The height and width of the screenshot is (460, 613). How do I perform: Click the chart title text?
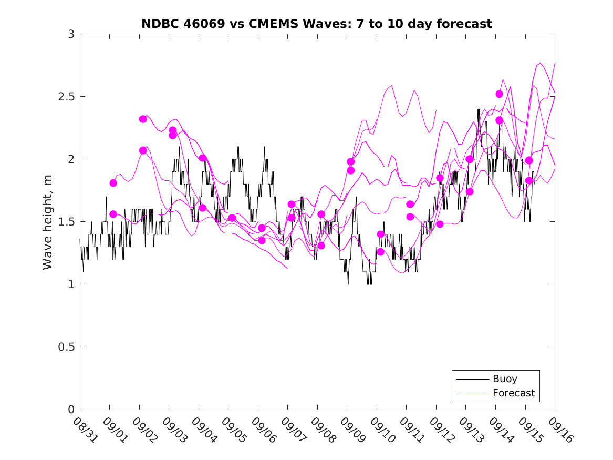point(317,24)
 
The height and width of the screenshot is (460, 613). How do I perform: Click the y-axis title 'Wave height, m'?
point(48,222)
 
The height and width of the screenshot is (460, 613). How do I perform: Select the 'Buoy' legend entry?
point(505,379)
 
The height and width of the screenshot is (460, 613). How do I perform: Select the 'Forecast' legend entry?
point(513,393)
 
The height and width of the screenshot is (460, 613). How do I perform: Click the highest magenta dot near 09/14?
point(499,94)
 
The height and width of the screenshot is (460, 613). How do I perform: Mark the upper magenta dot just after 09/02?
point(143,119)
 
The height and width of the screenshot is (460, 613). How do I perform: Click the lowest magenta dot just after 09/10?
point(380,252)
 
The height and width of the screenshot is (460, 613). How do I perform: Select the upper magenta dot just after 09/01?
point(113,183)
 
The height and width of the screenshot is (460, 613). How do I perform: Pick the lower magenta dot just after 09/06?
point(262,240)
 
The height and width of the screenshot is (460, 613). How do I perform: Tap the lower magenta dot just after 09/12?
point(440,224)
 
